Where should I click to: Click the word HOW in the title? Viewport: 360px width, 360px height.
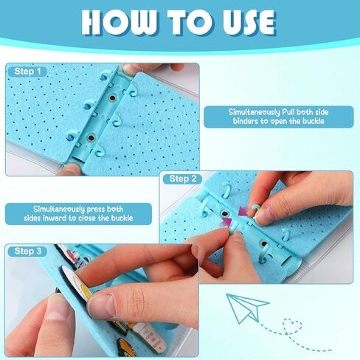click(119, 23)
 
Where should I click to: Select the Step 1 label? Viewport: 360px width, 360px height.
click(27, 72)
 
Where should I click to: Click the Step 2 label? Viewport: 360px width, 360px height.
click(183, 179)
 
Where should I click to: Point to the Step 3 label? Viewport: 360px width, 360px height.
click(28, 251)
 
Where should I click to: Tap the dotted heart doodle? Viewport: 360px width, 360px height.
click(292, 326)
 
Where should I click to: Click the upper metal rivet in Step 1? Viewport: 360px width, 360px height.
click(113, 98)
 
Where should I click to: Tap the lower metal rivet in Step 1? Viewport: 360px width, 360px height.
click(91, 138)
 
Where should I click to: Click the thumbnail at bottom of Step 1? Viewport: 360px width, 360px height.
click(71, 169)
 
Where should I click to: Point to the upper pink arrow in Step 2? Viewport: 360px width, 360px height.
click(243, 212)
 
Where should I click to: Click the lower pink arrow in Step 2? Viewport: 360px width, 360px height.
click(227, 222)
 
